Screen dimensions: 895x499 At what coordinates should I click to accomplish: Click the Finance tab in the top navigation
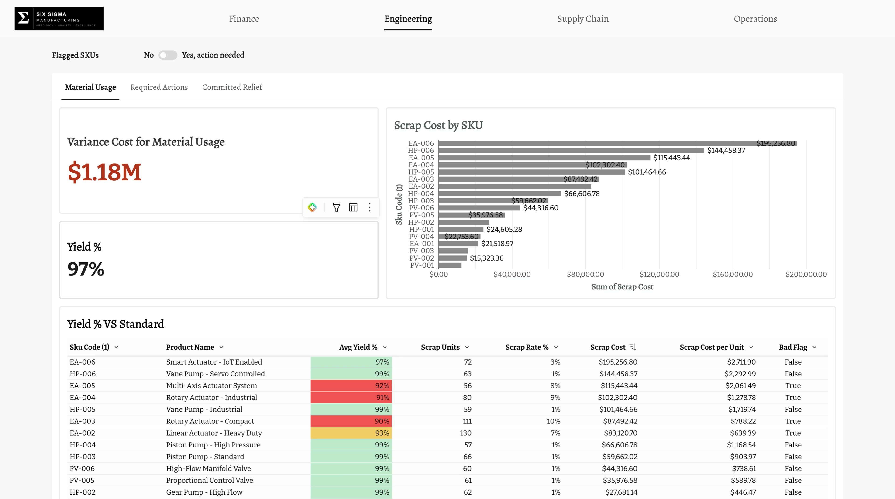point(244,19)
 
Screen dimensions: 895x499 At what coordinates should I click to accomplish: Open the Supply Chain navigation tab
point(583,19)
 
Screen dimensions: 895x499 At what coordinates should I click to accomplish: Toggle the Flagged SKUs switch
point(168,55)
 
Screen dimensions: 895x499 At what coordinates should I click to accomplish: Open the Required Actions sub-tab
point(159,87)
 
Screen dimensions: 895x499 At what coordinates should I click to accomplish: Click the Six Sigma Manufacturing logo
point(59,18)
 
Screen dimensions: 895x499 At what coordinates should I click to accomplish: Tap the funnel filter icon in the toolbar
point(336,207)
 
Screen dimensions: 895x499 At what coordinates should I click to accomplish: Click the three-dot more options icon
point(370,207)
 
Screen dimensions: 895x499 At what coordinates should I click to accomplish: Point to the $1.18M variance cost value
point(104,172)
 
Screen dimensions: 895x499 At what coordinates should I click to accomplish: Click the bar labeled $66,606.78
point(500,193)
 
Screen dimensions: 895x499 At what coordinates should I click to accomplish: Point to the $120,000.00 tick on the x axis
point(659,274)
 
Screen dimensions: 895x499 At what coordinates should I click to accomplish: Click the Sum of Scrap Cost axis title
point(622,287)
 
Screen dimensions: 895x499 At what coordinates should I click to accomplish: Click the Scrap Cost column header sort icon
point(633,347)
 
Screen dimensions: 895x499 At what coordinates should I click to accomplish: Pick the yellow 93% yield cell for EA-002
point(351,433)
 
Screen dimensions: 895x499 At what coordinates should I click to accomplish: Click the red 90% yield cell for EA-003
point(351,421)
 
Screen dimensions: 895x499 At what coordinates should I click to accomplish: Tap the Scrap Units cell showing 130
point(466,433)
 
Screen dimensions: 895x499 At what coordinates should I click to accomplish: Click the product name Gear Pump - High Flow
point(204,492)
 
